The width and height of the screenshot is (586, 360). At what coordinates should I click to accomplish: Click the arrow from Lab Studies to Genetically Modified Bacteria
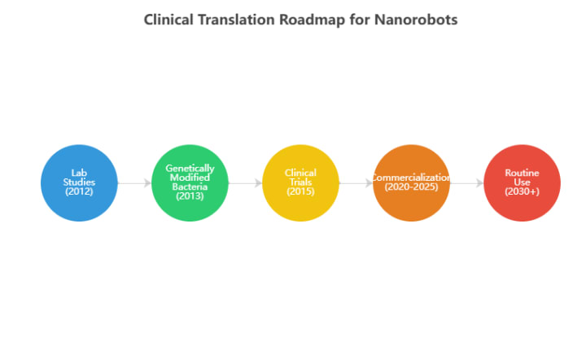[x=134, y=183]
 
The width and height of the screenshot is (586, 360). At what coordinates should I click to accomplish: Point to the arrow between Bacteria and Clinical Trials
[x=245, y=183]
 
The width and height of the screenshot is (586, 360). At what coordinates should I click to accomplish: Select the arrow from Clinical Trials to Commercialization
[x=356, y=183]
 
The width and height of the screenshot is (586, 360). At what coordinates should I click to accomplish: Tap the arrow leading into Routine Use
[x=466, y=183]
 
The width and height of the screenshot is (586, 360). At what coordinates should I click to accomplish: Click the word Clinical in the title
[x=169, y=20]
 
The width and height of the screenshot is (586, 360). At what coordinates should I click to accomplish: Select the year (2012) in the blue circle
[x=79, y=192]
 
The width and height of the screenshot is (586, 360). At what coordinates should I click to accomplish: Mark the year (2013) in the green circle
[x=190, y=196]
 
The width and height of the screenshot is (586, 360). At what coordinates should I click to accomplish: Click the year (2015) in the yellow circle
[x=300, y=192]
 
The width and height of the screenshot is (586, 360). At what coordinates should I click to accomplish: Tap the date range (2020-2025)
[x=411, y=187]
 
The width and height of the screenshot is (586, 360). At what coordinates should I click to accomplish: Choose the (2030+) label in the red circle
[x=522, y=192]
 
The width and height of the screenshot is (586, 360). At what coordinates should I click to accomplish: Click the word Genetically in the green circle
[x=190, y=169]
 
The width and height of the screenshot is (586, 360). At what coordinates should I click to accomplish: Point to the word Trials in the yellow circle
[x=300, y=182]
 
